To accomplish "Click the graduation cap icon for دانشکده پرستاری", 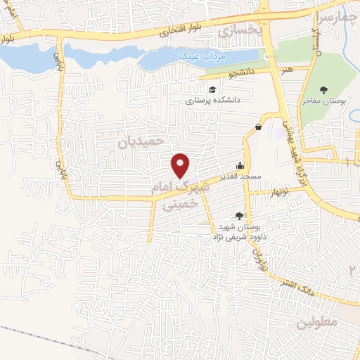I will [212, 89].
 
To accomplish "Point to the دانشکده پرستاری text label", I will [212, 101].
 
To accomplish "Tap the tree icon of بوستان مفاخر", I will [323, 89].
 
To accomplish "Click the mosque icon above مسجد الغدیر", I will [240, 166].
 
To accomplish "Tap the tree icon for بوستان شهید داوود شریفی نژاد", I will [239, 216].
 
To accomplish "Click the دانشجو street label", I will [240, 72].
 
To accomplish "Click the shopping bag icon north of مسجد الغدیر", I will [259, 127].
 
